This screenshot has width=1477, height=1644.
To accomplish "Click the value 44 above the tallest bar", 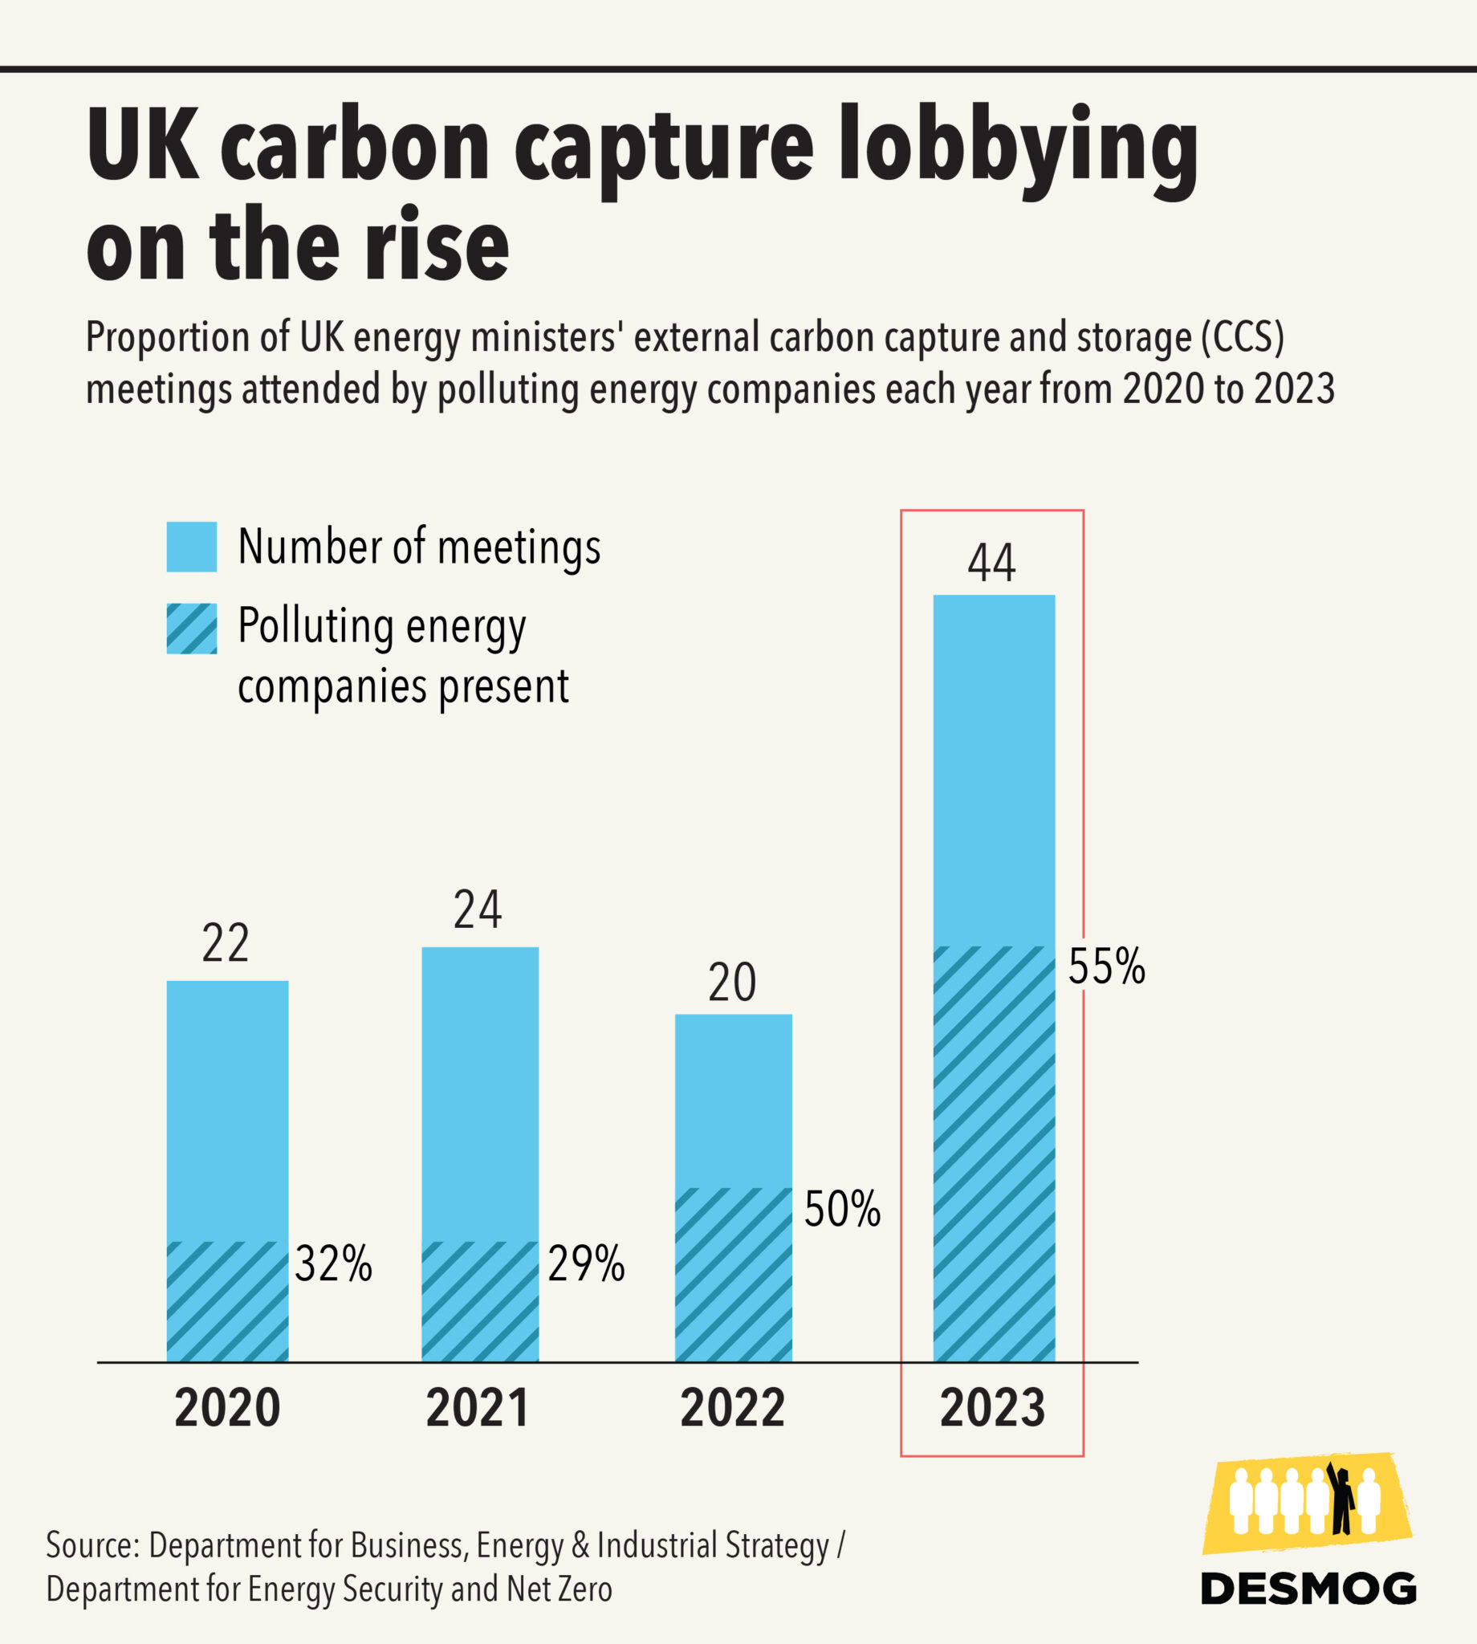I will (991, 564).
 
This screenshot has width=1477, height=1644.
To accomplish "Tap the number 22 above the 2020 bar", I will (226, 944).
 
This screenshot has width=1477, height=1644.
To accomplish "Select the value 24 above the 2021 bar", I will (477, 909).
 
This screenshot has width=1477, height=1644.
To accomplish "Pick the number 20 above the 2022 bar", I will (732, 983).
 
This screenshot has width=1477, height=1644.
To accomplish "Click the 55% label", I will (1106, 966).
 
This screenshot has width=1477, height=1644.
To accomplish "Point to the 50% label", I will (841, 1209).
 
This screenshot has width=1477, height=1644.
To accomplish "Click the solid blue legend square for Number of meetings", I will (192, 547).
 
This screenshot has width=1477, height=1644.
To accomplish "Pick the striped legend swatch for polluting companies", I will (192, 628).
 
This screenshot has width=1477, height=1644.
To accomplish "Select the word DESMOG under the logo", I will (1308, 1588).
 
